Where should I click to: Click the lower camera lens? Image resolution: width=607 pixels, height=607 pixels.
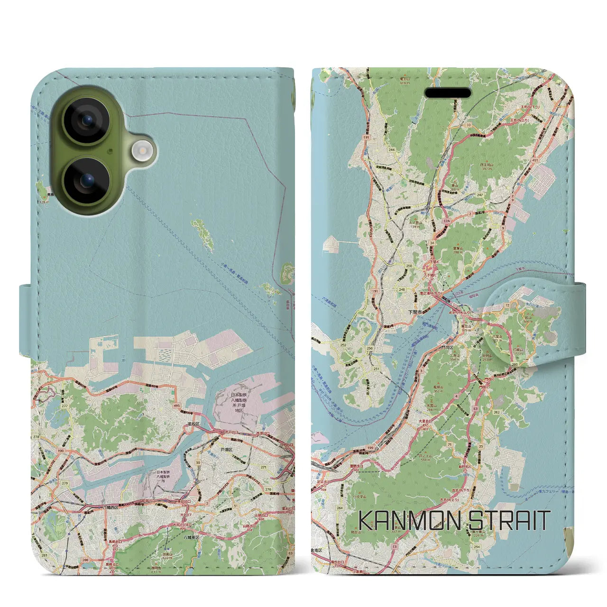[87, 180]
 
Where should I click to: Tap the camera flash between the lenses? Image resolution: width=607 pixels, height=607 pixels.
[141, 150]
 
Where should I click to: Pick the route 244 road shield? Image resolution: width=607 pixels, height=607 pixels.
[392, 150]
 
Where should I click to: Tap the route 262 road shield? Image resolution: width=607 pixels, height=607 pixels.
[497, 412]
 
